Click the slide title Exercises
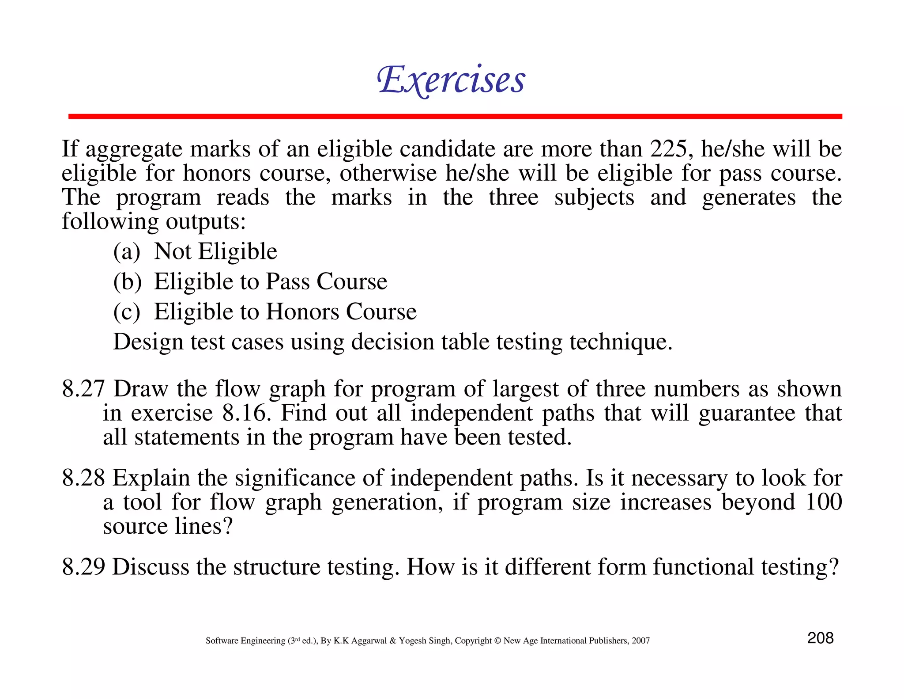coord(451,80)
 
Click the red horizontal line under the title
coord(455,117)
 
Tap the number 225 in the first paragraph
coord(668,149)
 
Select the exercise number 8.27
coord(83,389)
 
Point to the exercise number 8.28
coord(83,478)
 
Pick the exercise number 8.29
coord(83,567)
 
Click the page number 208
coord(820,638)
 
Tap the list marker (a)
coord(127,252)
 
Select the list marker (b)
coord(127,282)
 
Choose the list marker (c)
coord(127,312)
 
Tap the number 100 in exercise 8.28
coord(824,502)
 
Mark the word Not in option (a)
coord(173,251)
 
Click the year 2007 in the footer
coord(640,641)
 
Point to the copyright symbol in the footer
coord(497,641)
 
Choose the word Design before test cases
coord(148,342)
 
